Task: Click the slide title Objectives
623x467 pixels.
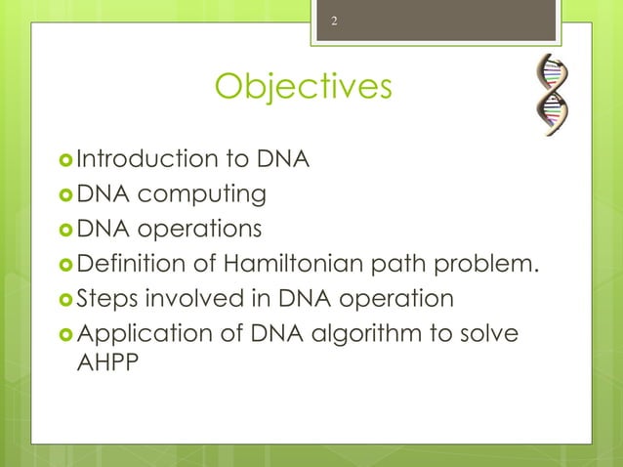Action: (x=303, y=88)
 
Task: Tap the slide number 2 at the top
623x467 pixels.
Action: (x=334, y=21)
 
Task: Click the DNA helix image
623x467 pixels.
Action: (x=554, y=95)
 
